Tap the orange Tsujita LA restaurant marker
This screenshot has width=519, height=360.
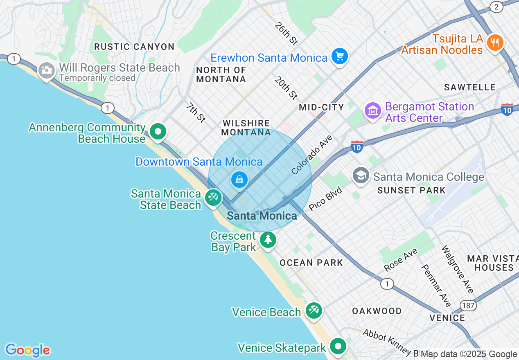click(495, 43)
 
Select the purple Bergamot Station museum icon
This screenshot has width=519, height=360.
click(373, 111)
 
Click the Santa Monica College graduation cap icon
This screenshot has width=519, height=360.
click(361, 176)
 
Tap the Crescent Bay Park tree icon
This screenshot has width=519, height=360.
click(268, 239)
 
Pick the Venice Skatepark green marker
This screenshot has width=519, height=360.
click(338, 347)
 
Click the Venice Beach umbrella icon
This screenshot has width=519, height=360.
click(314, 310)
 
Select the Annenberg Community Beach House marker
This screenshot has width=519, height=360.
click(158, 132)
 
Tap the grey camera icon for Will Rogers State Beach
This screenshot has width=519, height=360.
click(46, 71)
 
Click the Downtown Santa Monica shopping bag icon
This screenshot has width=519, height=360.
click(239, 179)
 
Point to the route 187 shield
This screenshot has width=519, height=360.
click(467, 305)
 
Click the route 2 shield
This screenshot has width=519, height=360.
click(496, 7)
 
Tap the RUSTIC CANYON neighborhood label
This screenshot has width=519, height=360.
click(134, 47)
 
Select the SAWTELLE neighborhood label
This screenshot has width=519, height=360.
click(470, 87)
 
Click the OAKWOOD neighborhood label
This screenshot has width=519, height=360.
click(377, 311)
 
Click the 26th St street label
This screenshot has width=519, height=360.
click(286, 34)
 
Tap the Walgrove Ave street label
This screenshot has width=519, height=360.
click(458, 269)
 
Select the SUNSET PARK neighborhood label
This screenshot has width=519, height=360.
click(411, 190)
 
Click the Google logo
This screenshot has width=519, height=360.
click(27, 350)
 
